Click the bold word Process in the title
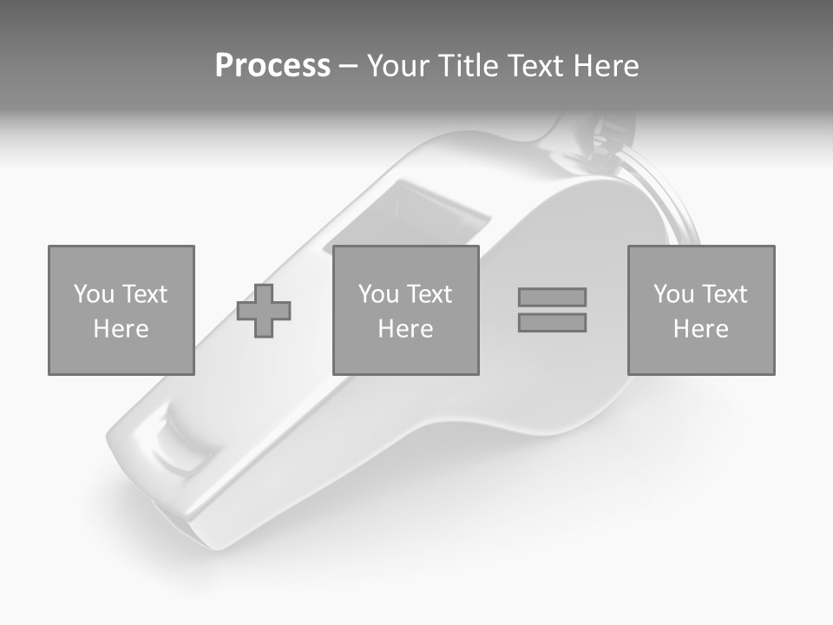[272, 66]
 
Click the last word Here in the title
[606, 66]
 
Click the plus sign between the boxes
[265, 311]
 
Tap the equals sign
[552, 310]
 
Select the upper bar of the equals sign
[552, 297]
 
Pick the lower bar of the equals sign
[552, 322]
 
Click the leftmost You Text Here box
[121, 310]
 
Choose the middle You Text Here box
[406, 310]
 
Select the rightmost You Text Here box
[701, 310]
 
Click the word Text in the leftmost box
[143, 294]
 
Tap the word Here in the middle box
[406, 329]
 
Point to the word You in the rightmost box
[673, 294]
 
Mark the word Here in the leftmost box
[121, 329]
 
